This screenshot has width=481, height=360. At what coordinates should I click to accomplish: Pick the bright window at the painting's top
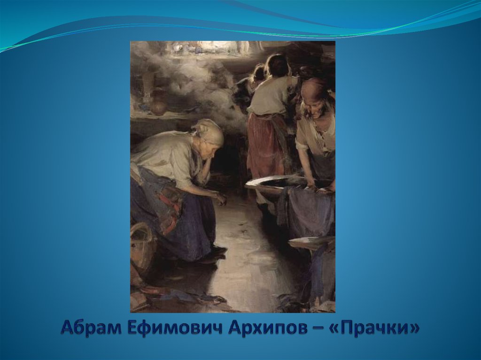click(207, 47)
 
